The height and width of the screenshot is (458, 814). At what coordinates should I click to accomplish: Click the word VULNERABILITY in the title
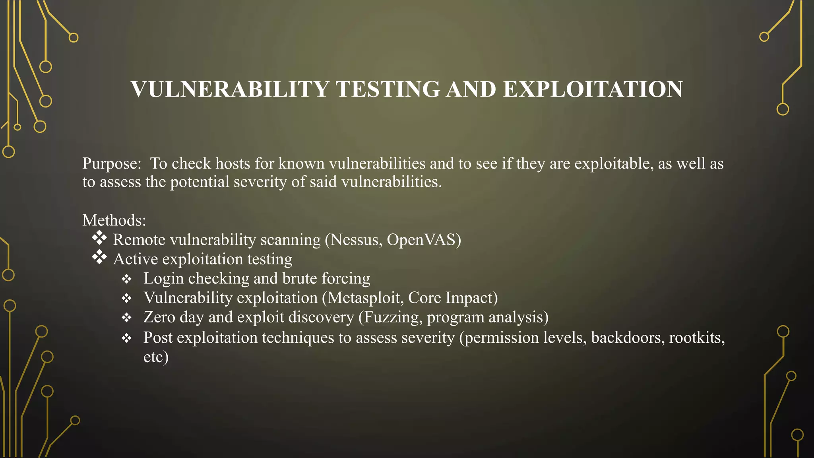point(230,89)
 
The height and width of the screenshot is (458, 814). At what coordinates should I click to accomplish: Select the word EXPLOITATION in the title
point(593,89)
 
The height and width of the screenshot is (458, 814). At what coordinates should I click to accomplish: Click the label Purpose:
point(112,164)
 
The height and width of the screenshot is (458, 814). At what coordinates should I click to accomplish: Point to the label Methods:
point(114,220)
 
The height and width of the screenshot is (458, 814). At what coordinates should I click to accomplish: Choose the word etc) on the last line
point(156,357)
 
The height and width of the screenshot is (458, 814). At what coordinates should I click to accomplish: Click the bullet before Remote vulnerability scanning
point(99,238)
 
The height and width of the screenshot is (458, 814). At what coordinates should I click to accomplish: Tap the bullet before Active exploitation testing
point(99,257)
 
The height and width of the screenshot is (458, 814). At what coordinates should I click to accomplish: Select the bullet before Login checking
point(126,279)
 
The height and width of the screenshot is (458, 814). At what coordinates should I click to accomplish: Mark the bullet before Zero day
point(126,318)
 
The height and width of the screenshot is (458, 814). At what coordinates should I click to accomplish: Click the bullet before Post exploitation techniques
point(126,338)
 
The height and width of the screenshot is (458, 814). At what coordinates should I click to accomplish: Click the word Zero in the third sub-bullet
point(159,317)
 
